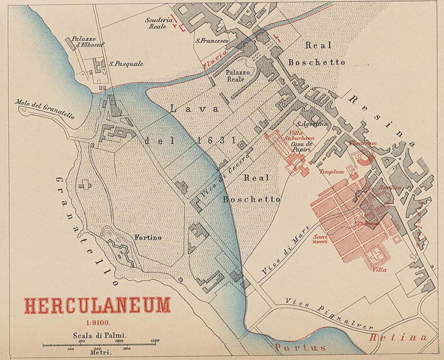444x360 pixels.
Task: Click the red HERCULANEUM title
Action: tap(97, 306)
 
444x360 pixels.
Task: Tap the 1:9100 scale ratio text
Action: tap(98, 322)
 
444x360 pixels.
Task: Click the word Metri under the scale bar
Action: tap(101, 353)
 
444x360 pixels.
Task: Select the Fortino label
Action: tap(148, 238)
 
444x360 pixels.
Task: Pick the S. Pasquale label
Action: tap(126, 64)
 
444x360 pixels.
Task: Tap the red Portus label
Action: tap(300, 348)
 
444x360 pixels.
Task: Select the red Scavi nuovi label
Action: tap(321, 239)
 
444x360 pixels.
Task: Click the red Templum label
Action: tap(331, 172)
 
